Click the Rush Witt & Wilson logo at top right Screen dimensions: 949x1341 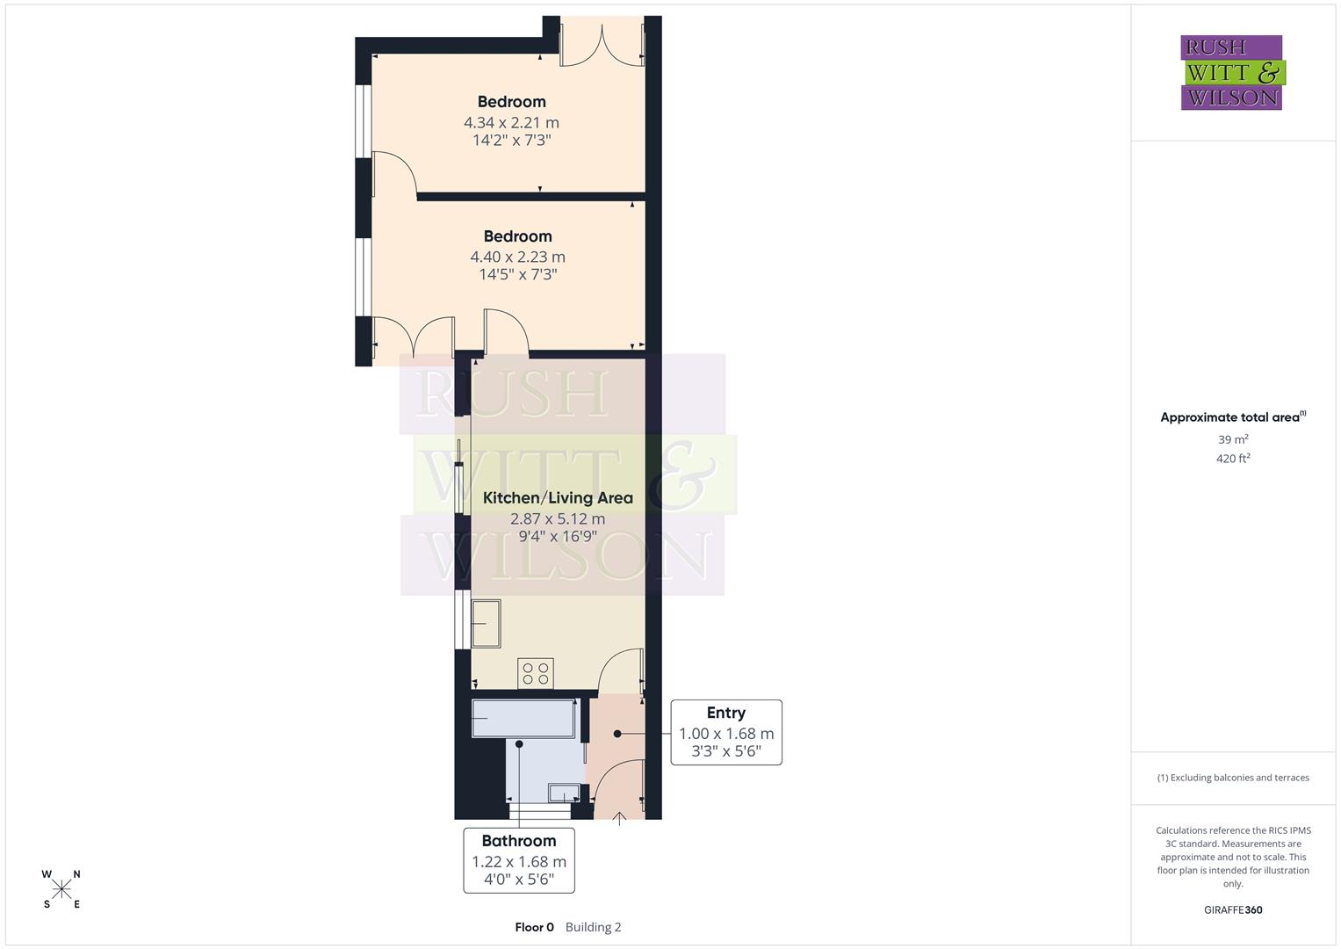(1231, 72)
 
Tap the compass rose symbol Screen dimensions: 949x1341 (61, 889)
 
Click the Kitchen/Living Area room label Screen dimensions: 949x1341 (558, 497)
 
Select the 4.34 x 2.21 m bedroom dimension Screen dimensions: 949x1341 (511, 123)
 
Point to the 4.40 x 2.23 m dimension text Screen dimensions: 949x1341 (517, 257)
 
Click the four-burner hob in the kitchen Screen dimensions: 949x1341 (535, 673)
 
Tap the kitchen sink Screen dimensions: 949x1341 (486, 623)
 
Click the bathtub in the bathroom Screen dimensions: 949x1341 (524, 718)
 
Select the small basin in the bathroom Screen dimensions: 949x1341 (561, 793)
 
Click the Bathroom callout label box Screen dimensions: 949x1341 (519, 860)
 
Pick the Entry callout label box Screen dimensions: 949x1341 (726, 732)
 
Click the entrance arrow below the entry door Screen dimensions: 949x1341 (618, 819)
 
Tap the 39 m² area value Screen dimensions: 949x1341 (1233, 439)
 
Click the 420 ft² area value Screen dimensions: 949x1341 (1233, 459)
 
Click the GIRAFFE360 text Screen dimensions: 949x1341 (1233, 909)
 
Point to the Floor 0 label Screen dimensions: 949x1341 (534, 927)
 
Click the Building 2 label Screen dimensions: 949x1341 (593, 927)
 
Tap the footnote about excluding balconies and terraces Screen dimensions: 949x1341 (1233, 778)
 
